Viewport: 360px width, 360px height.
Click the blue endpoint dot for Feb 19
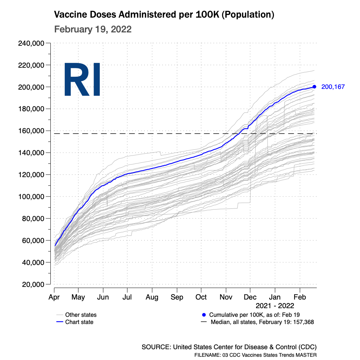pos(314,86)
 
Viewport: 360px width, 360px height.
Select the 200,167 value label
pos(333,87)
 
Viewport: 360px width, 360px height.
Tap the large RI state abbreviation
pos(82,80)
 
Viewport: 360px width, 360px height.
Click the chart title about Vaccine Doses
pos(164,15)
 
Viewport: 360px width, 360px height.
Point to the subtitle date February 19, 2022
pos(93,29)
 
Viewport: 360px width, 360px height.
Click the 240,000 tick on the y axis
pos(31,44)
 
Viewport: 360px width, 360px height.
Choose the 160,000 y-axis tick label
pos(31,131)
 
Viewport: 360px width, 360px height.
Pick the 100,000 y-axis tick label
pos(31,197)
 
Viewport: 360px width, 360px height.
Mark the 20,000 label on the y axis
pos(33,284)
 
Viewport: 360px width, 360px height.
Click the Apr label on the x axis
pos(54,297)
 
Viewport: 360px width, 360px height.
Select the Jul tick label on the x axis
pos(127,297)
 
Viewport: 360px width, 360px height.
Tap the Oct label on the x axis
pos(201,297)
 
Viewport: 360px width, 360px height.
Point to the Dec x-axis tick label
pos(250,297)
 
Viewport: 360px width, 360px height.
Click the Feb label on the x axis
pos(300,297)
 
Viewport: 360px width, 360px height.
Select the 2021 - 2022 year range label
pos(275,306)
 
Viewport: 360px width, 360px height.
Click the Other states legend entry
pos(81,315)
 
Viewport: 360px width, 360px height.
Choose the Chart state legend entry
pos(79,322)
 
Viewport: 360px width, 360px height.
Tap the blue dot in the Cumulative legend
pos(204,315)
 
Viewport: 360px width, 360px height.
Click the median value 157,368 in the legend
pos(303,322)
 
